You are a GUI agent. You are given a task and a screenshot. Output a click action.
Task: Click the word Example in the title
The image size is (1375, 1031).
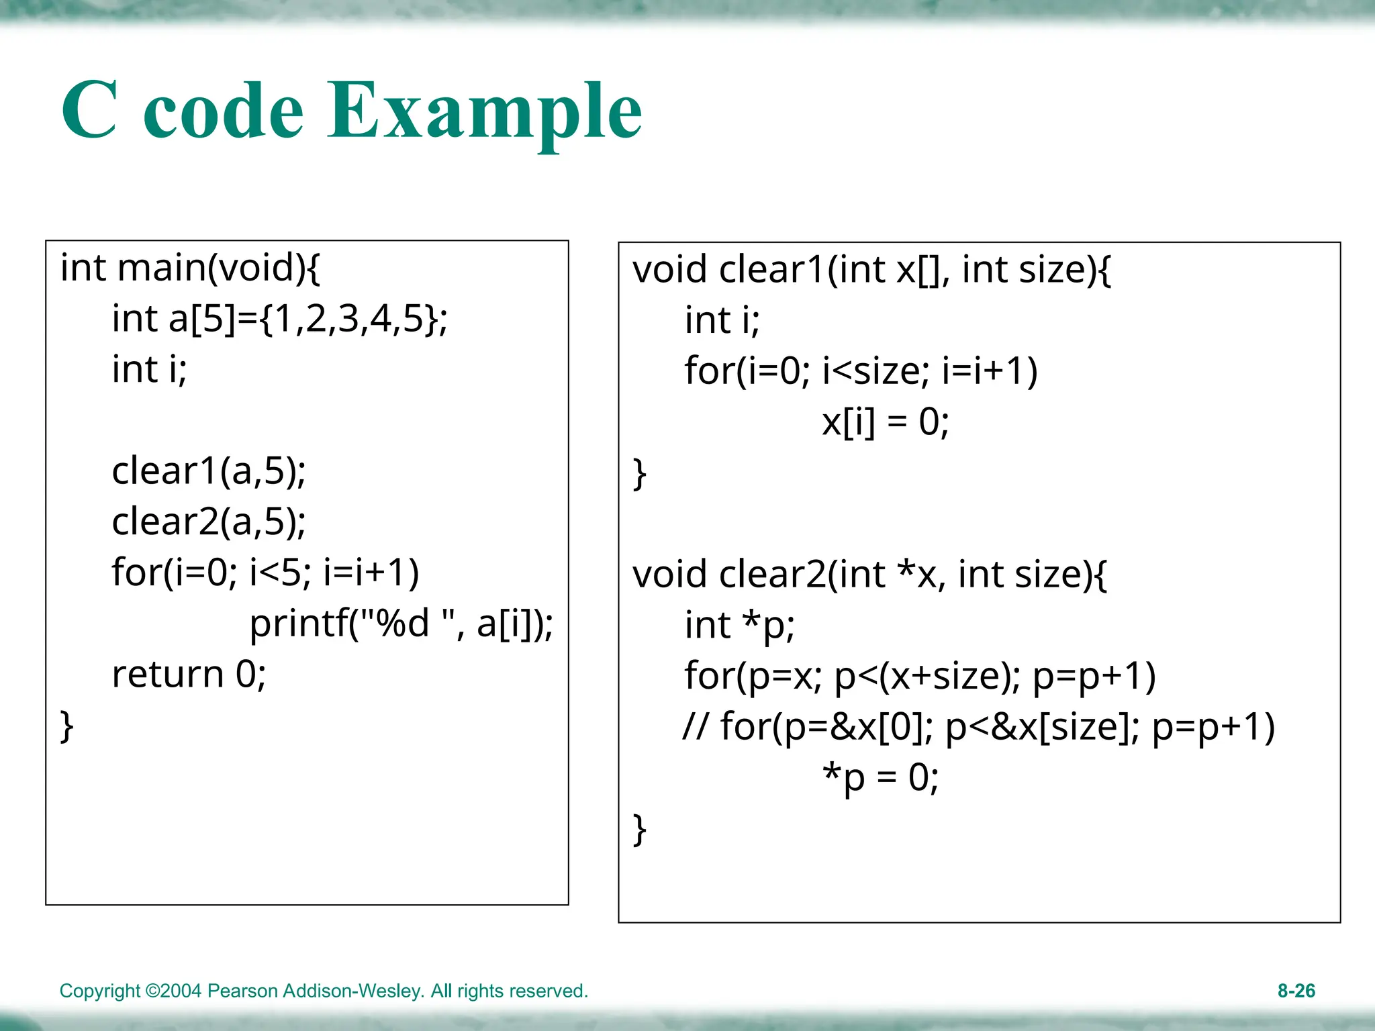click(485, 111)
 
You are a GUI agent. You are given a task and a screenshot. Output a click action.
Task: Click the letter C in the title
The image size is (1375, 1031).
click(90, 111)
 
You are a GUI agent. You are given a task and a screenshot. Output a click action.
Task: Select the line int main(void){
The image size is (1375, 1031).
click(190, 268)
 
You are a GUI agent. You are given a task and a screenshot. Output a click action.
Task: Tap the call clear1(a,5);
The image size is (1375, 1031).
click(209, 471)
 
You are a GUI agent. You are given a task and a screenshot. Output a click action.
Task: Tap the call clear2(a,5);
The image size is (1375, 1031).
click(209, 522)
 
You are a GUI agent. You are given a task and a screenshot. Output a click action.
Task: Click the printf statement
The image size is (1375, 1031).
click(401, 624)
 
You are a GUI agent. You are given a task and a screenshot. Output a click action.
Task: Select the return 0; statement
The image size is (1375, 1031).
click(189, 674)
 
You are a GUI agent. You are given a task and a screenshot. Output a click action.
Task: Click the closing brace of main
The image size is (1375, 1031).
click(66, 726)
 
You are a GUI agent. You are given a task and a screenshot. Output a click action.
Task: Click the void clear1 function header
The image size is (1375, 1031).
click(871, 270)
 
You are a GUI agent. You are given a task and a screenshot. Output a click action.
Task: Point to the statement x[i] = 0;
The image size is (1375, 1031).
click(885, 422)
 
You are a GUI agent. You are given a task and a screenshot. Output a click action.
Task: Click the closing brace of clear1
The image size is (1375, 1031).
click(639, 474)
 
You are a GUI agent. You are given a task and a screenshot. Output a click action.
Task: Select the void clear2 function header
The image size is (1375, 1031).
click(869, 575)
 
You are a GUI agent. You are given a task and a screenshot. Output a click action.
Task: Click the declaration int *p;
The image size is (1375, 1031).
click(739, 626)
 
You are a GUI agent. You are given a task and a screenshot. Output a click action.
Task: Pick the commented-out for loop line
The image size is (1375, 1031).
click(978, 727)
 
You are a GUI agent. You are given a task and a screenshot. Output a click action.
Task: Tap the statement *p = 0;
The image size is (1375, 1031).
click(880, 778)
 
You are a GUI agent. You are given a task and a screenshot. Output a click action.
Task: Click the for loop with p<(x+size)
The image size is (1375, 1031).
click(920, 676)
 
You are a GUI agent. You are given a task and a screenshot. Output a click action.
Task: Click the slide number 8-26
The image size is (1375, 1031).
click(1296, 991)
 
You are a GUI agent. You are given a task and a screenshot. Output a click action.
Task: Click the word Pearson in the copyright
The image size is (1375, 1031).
click(242, 991)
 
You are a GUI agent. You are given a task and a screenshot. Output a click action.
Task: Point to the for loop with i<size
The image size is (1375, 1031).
click(861, 371)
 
